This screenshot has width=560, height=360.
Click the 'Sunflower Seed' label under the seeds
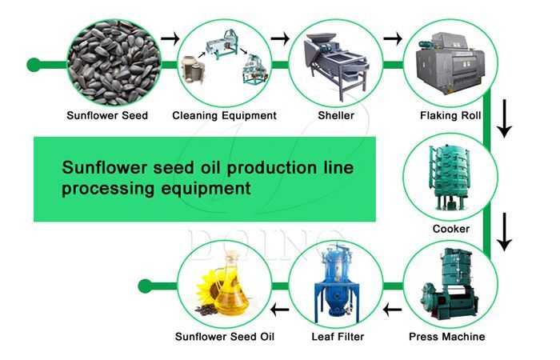[107, 115]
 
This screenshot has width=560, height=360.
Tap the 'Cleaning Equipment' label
[224, 115]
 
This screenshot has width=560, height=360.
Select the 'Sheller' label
[336, 115]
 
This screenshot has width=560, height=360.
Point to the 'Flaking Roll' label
[450, 115]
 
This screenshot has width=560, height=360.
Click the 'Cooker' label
[451, 229]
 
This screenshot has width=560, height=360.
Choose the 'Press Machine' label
[446, 337]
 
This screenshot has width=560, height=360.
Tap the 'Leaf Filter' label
[338, 337]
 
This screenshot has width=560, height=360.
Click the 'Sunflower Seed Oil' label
[225, 337]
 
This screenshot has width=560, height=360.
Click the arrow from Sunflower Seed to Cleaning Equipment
[170, 38]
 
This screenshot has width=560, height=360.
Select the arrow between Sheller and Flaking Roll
[393, 38]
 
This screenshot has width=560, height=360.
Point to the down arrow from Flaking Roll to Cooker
[505, 118]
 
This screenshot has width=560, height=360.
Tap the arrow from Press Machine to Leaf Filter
[392, 310]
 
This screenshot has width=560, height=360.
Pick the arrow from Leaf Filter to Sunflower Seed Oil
[280, 310]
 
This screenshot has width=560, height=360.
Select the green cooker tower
[449, 177]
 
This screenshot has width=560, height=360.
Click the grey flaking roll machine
[450, 63]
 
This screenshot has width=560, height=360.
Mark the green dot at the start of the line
[34, 65]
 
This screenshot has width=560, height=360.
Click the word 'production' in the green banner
[272, 169]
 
